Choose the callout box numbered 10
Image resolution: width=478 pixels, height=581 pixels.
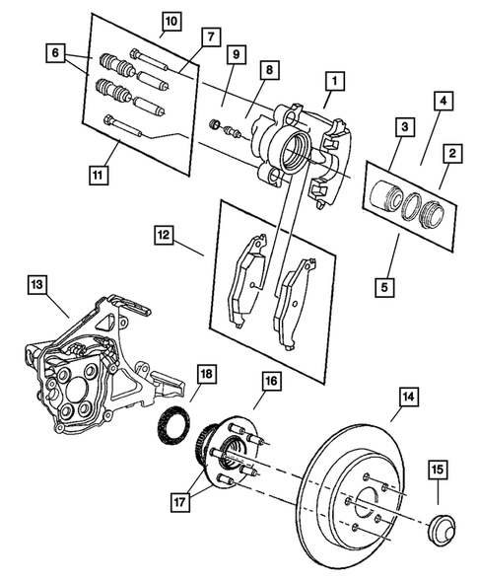(171, 20)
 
